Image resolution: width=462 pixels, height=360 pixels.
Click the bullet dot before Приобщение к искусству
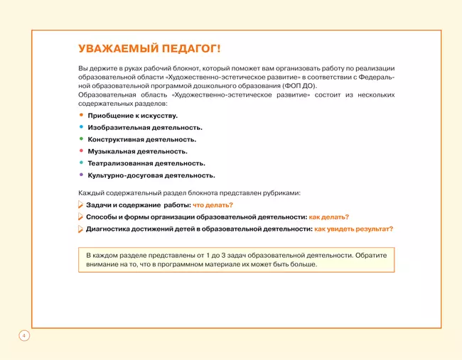point(81,114)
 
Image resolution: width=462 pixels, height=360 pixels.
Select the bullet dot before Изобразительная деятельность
point(81,126)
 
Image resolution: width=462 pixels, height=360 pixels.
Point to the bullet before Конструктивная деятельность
point(81,138)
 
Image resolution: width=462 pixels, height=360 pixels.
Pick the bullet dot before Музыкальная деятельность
point(81,151)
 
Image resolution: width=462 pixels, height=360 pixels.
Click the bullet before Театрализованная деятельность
point(81,163)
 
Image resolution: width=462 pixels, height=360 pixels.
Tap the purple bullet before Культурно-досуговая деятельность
point(81,175)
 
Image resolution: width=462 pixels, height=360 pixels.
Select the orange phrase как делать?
point(329,217)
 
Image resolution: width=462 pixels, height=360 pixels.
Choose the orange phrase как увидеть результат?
point(354,229)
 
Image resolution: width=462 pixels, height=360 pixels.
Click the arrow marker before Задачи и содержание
point(80,205)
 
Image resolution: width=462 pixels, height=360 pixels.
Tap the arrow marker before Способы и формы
point(80,217)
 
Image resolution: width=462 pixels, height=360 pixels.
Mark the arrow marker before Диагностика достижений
point(80,229)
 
